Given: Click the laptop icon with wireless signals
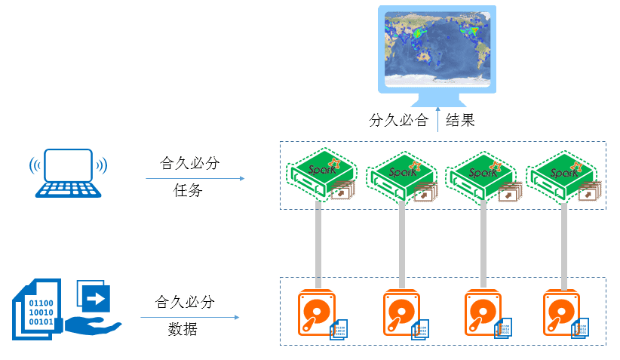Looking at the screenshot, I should pyautogui.click(x=68, y=173).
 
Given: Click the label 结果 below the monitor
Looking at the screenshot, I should pyautogui.click(x=461, y=120).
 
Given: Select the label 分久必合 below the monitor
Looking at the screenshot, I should pyautogui.click(x=399, y=120).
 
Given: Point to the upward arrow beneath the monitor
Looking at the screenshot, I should pyautogui.click(x=438, y=121).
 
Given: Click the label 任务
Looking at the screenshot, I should pyautogui.click(x=188, y=191).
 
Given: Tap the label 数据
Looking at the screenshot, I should pyautogui.click(x=183, y=329).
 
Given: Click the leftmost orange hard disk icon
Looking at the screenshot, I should pyautogui.click(x=317, y=312).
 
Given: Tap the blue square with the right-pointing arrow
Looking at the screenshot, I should pyautogui.click(x=94, y=299).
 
